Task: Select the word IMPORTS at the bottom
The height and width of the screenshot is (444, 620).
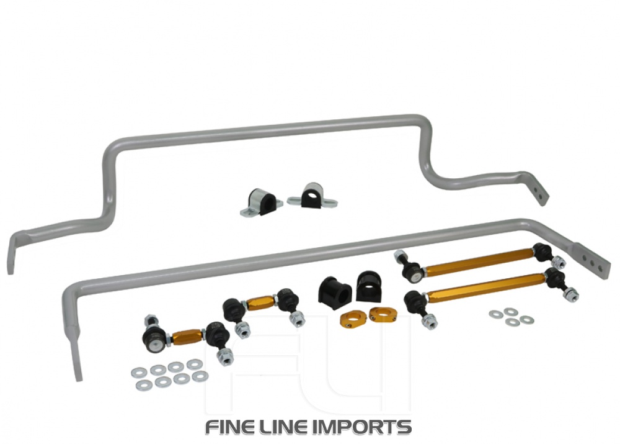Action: point(366,427)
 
